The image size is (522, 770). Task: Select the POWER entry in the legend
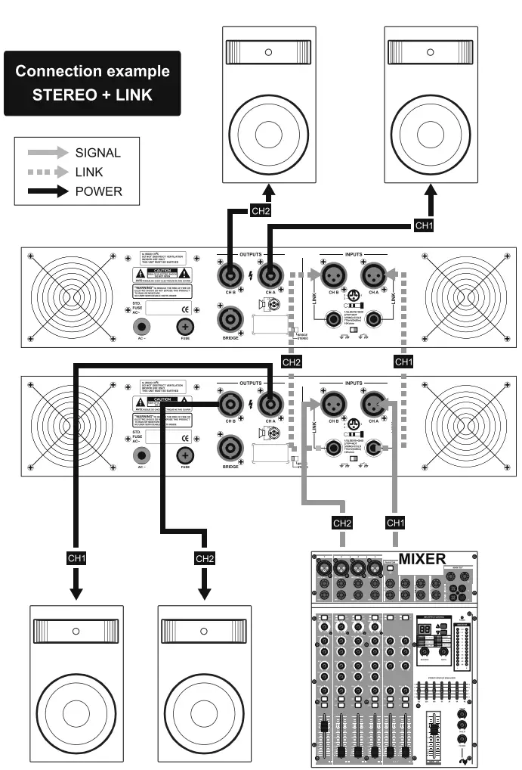[98, 191]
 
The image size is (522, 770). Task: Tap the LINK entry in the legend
[88, 172]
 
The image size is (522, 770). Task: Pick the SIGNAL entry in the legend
[97, 152]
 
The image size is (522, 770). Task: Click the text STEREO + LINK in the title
[92, 95]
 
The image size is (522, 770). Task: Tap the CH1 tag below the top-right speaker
[424, 225]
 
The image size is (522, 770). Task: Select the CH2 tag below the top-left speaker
[260, 210]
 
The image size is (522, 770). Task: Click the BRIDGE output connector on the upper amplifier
[230, 319]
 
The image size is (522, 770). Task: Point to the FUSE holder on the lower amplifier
[184, 455]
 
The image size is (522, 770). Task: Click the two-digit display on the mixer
[425, 629]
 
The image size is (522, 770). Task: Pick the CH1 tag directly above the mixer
[395, 522]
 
